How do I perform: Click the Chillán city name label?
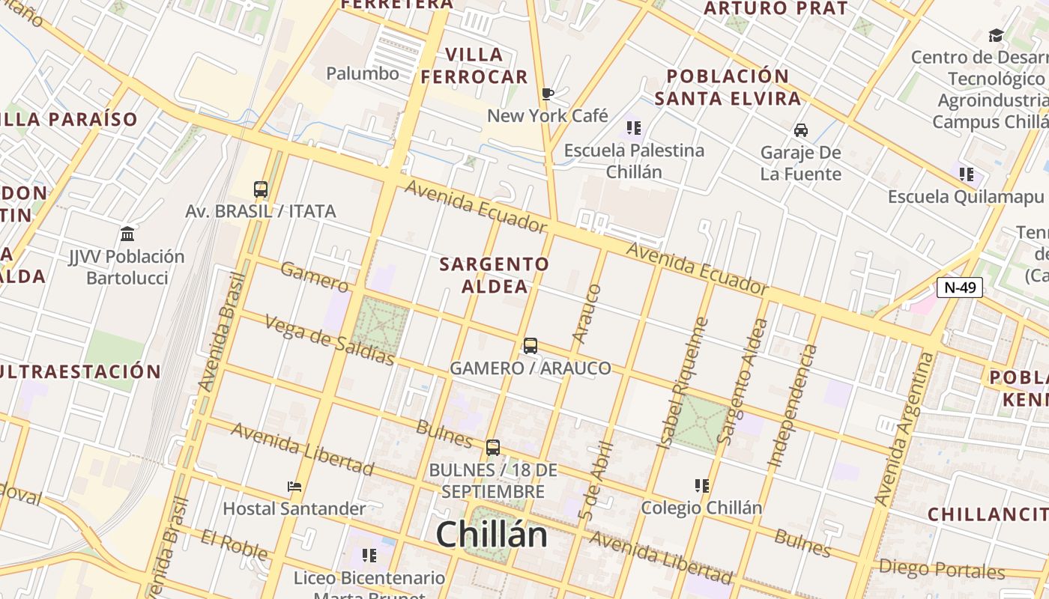pos(492,535)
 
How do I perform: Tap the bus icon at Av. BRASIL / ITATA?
pos(261,189)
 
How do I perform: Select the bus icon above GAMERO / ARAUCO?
pos(530,346)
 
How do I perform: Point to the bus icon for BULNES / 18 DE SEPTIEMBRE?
pos(493,448)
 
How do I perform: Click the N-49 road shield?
pos(959,288)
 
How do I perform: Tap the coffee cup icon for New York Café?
pos(548,94)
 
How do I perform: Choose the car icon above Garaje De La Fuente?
pos(801,130)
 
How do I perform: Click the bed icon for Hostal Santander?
pos(294,487)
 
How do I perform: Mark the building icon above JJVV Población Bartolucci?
pos(127,234)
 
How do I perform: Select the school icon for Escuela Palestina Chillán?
pos(634,128)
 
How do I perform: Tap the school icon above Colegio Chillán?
pos(702,486)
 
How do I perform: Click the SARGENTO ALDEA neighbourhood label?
pos(495,275)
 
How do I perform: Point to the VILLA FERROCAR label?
pos(474,66)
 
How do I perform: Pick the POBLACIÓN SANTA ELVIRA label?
pos(728,87)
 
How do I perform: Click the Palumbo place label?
pos(363,73)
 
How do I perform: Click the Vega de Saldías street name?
pos(330,340)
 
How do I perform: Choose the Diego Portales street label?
pos(942,569)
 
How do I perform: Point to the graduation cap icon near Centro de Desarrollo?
pos(996,35)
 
